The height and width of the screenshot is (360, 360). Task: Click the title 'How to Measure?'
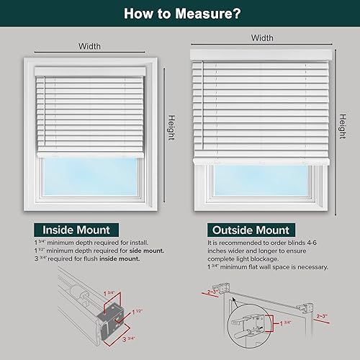(180, 12)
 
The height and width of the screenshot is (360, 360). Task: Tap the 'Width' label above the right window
(262, 37)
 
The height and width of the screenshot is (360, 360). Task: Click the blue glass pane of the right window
(262, 189)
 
